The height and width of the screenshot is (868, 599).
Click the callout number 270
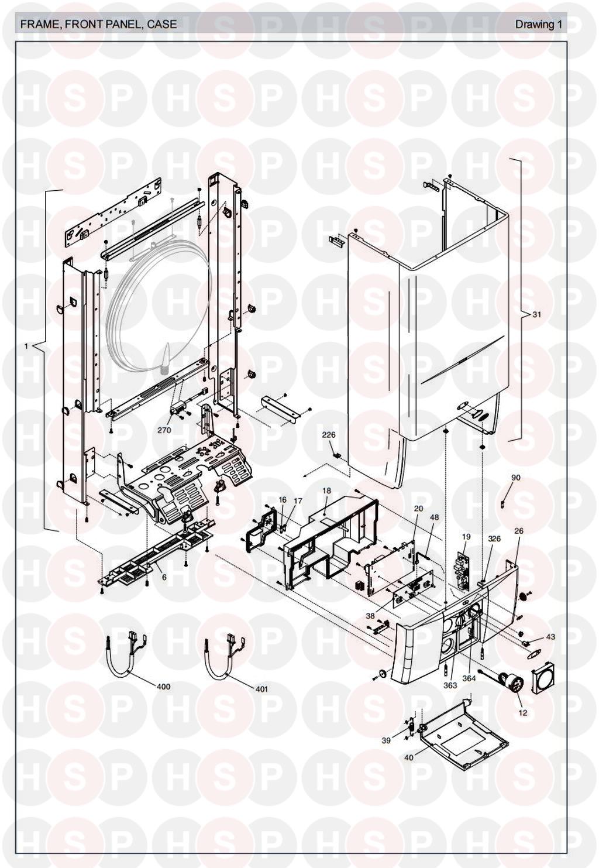[x=164, y=430]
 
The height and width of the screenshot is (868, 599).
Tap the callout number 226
[x=328, y=435]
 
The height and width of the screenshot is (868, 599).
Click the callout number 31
[x=536, y=315]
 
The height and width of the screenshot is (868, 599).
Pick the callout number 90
[x=516, y=478]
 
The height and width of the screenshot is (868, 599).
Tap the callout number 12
[x=523, y=713]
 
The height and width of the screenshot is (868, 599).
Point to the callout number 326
[x=494, y=538]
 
